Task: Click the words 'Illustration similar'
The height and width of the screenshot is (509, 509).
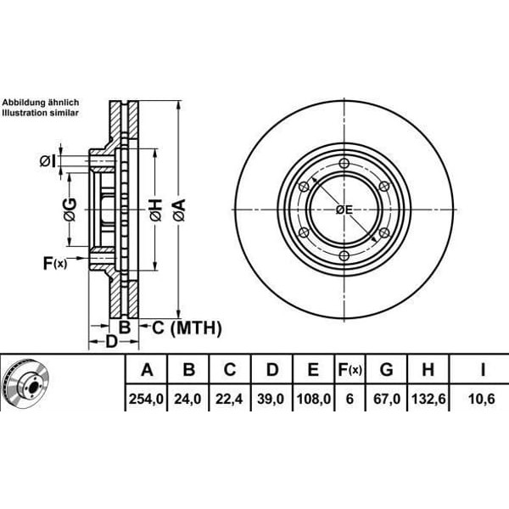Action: pos(40,112)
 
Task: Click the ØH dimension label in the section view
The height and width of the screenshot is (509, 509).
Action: pos(155,205)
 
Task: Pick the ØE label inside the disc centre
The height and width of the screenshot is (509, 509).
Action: pos(344,210)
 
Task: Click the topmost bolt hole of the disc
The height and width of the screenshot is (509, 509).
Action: pos(343,164)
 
